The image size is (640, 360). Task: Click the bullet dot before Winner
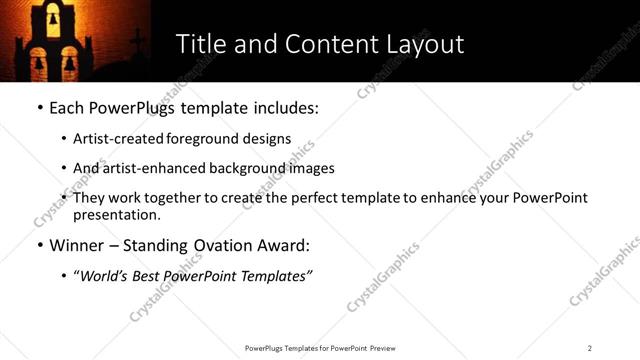coord(38,246)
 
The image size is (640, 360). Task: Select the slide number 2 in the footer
coord(590,347)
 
